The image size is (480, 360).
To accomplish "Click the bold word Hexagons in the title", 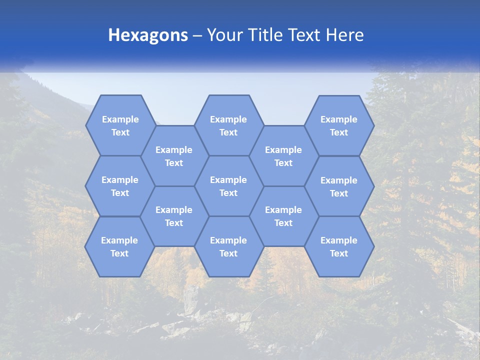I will tap(148, 35).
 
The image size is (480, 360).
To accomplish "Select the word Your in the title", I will tap(223, 35).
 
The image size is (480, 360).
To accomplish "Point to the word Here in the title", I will tap(344, 35).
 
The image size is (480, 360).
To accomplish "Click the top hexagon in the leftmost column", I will tap(120, 125).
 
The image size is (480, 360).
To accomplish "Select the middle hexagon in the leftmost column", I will tap(120, 186).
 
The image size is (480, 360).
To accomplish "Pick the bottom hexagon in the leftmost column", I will tap(119, 246).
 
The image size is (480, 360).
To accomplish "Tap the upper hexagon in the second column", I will tap(174, 156).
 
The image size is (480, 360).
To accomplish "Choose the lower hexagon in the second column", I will tap(174, 216).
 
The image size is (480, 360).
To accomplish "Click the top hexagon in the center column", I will tap(228, 125).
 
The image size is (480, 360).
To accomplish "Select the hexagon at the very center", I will tap(228, 186).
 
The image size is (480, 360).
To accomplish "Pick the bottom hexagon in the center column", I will tap(228, 246).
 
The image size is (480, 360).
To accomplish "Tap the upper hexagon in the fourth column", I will tap(283, 156).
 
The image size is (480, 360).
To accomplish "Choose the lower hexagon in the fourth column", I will tap(283, 216).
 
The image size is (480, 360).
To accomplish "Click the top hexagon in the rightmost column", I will tap(339, 125).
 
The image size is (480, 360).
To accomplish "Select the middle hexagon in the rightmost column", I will tap(339, 186).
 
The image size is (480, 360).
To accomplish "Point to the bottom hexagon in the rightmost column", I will tap(339, 246).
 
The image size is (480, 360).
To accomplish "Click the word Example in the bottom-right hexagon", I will tap(339, 240).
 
